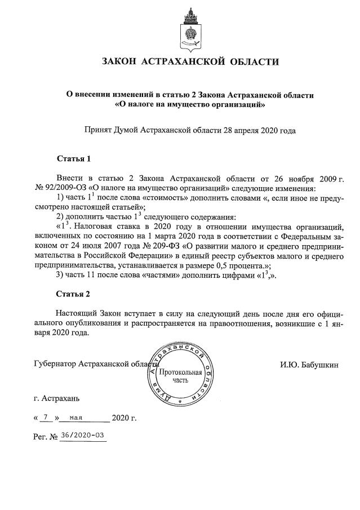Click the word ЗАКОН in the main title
[119, 62]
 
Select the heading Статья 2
[73, 294]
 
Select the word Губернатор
[56, 364]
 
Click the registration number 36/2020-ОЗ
[82, 436]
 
